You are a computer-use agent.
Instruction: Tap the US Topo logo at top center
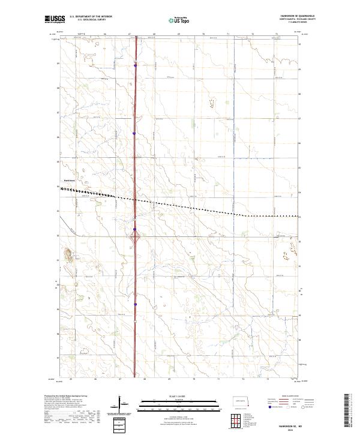[x=174, y=19]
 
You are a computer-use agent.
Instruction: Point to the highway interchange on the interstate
[x=136, y=238]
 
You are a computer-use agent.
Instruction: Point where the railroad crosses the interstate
[x=135, y=200]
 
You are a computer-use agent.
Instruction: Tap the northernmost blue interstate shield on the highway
[x=135, y=65]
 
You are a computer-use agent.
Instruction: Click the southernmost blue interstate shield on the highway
[x=136, y=304]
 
